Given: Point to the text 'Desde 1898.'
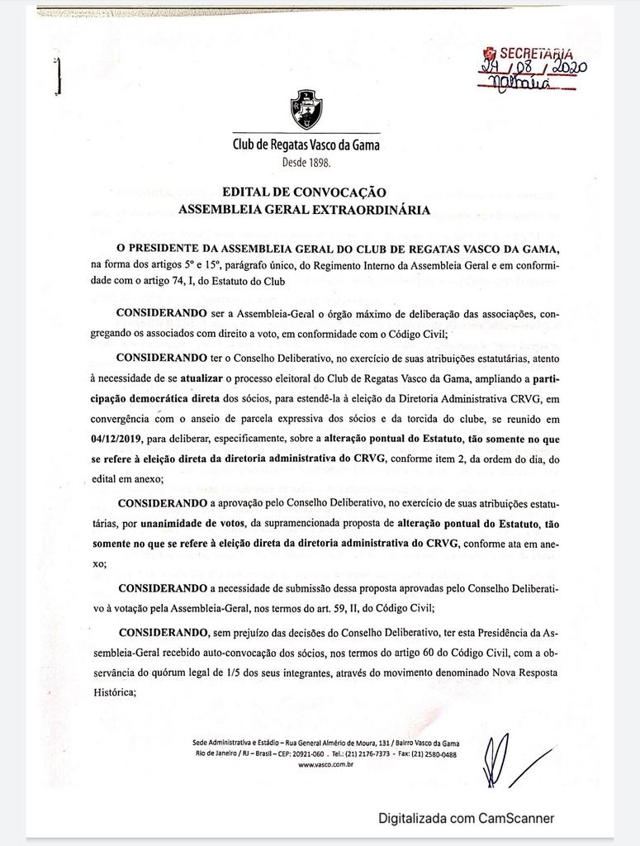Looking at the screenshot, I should pos(306,163).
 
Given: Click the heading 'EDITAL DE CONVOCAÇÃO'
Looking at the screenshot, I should pos(305,192).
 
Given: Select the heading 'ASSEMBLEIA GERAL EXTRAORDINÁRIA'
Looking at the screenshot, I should pos(305,210).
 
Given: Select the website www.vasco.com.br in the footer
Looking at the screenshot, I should pos(326,766).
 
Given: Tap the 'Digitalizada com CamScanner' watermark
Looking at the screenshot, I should pos(467,819).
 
